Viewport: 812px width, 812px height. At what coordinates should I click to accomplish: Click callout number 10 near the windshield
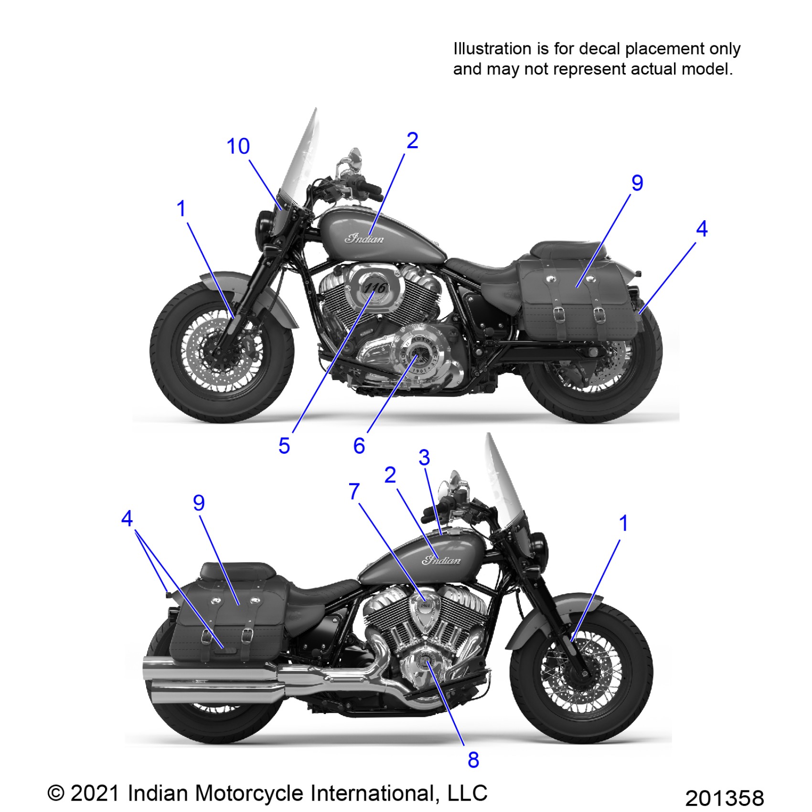point(238,146)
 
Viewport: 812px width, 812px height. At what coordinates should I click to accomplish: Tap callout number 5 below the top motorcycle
point(284,446)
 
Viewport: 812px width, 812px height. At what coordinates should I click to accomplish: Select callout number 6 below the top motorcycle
point(359,446)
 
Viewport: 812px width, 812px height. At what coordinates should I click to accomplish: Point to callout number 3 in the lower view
point(424,458)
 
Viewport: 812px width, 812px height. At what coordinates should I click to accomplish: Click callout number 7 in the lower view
point(354,491)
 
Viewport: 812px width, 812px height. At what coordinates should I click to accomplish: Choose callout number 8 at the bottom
point(473,759)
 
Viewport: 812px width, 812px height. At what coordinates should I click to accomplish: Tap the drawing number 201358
point(724,798)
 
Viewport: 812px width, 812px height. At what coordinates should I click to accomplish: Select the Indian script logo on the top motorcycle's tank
point(364,238)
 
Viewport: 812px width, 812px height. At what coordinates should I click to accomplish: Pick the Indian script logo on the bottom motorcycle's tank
point(441,560)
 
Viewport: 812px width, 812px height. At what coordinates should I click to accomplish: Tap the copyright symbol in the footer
point(56,793)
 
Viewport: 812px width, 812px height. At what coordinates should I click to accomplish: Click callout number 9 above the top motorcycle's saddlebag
point(637,183)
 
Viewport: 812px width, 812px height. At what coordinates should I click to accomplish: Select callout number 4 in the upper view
point(701,229)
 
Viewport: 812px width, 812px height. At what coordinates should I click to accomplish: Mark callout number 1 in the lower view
point(623,523)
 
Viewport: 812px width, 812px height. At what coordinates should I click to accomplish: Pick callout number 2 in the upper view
point(412,140)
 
